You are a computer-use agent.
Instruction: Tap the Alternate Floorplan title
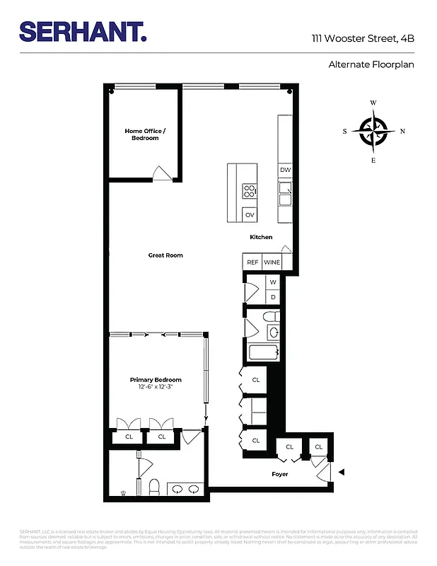(371, 64)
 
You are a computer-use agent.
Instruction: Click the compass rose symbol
(373, 131)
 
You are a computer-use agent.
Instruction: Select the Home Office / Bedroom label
(145, 134)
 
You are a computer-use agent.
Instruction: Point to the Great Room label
(165, 255)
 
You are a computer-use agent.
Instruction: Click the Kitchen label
(261, 237)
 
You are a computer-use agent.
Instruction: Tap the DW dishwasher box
(285, 170)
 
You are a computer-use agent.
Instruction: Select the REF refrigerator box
(252, 262)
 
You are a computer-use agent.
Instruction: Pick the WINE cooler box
(272, 262)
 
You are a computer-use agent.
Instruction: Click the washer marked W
(273, 283)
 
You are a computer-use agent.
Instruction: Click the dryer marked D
(273, 297)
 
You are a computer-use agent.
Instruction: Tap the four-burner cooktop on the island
(250, 190)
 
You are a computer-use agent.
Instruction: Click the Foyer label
(280, 474)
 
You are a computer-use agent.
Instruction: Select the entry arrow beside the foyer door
(342, 472)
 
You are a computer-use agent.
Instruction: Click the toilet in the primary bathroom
(154, 487)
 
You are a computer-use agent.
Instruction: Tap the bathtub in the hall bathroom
(264, 352)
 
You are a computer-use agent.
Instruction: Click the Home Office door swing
(162, 173)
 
